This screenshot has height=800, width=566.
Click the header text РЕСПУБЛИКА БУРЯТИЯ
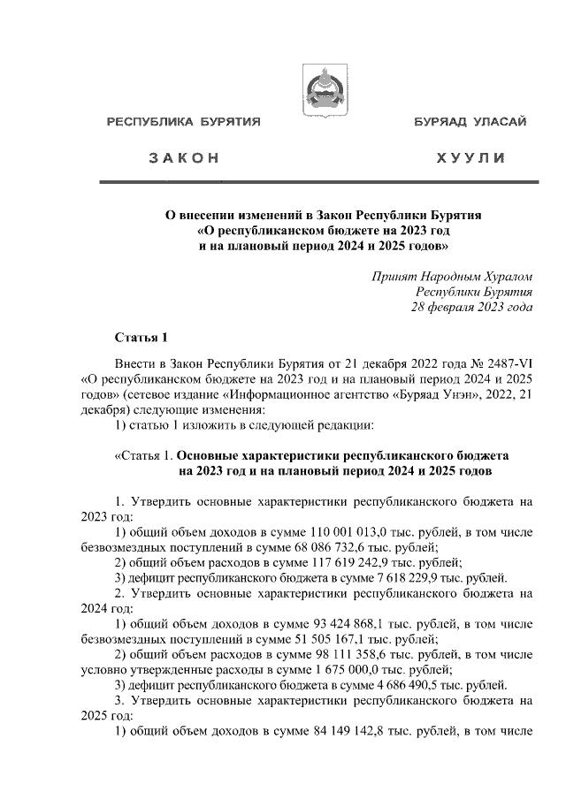[183, 122]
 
